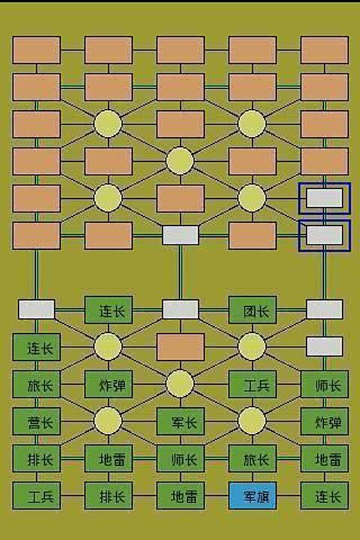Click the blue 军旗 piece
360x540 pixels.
click(x=253, y=496)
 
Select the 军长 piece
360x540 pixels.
click(x=181, y=421)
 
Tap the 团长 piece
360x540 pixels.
click(x=253, y=310)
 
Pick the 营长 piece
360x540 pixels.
click(x=37, y=421)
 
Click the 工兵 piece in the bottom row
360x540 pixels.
click(x=37, y=496)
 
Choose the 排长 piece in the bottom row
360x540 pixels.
click(x=109, y=496)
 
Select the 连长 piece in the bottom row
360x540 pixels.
click(x=325, y=496)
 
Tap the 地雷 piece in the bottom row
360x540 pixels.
click(x=181, y=496)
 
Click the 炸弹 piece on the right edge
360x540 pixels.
click(x=325, y=421)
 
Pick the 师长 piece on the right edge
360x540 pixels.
click(x=325, y=384)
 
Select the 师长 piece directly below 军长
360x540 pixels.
click(x=181, y=459)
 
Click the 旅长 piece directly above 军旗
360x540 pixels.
click(x=253, y=459)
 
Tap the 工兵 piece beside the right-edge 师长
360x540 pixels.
click(x=253, y=384)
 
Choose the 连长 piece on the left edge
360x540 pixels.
click(x=37, y=347)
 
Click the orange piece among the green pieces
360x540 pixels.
click(x=181, y=347)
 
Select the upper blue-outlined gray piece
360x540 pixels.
click(x=325, y=198)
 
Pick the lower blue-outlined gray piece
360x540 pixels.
click(x=325, y=235)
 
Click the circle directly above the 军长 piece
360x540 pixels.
click(x=180, y=384)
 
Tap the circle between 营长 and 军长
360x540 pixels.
click(x=108, y=421)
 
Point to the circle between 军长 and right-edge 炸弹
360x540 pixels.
click(x=252, y=421)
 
